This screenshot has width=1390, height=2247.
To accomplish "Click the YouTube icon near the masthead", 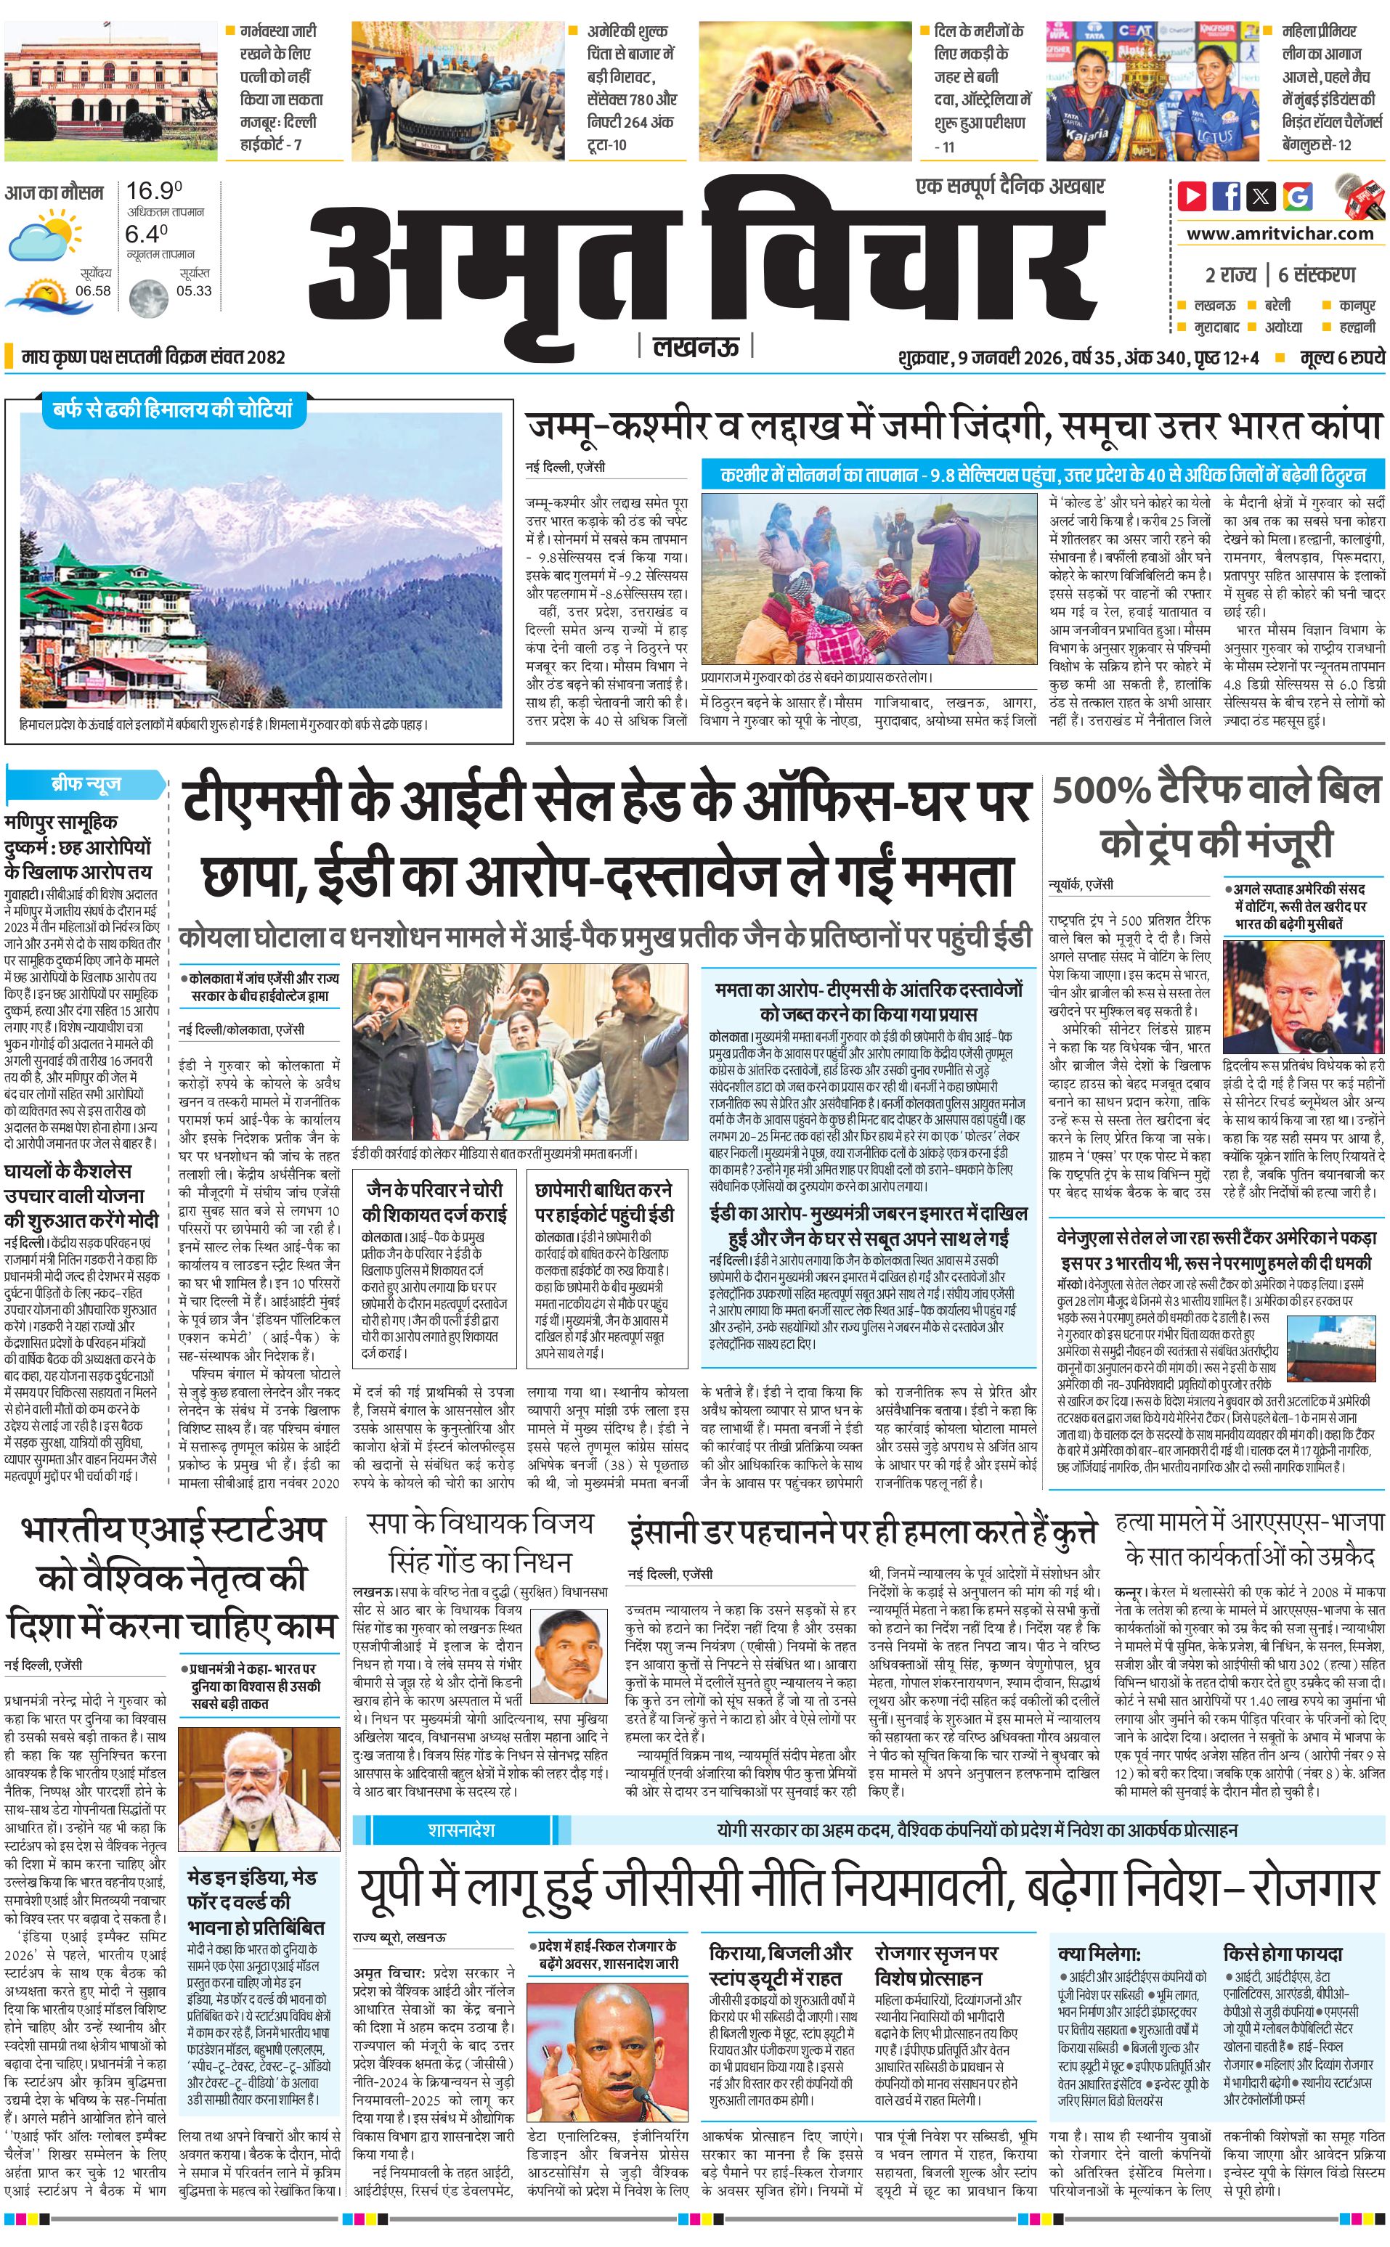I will pyautogui.click(x=1192, y=196).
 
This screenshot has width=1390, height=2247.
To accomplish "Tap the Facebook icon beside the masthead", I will pyautogui.click(x=1227, y=196).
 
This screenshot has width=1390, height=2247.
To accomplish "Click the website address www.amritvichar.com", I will pyautogui.click(x=1280, y=234).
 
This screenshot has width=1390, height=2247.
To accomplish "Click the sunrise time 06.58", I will pyautogui.click(x=93, y=290).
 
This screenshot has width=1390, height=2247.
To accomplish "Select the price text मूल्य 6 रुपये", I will pyautogui.click(x=1341, y=356).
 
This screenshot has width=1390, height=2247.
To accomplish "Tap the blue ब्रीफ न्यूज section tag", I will pyautogui.click(x=86, y=785).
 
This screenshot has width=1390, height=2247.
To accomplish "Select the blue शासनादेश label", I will pyautogui.click(x=460, y=1829).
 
